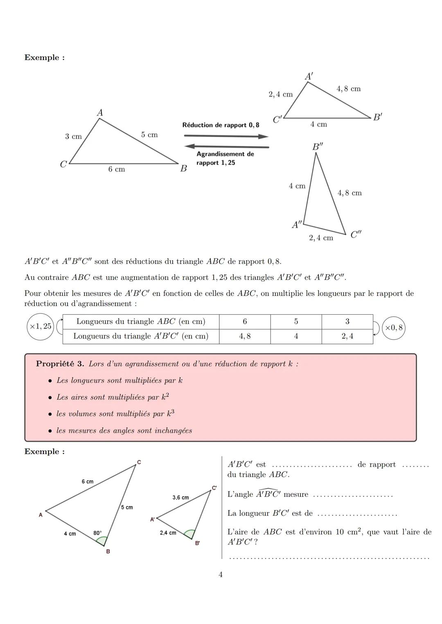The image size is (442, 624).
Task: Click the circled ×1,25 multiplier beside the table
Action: (40, 326)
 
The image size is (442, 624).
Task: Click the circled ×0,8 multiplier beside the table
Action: (393, 328)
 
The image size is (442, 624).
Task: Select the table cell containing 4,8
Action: (245, 336)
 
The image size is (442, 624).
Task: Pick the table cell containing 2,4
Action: (347, 336)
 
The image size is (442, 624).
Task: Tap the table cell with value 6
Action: (245, 322)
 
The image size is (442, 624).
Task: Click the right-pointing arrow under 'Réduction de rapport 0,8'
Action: (226, 136)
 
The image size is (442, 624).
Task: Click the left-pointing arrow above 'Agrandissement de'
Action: (226, 146)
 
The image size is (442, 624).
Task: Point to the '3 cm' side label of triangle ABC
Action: (74, 136)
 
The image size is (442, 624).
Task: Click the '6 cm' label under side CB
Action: (117, 169)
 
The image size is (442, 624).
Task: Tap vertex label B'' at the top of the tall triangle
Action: (318, 147)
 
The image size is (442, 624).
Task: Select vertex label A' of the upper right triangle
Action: (309, 76)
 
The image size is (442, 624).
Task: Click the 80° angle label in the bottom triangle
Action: (97, 533)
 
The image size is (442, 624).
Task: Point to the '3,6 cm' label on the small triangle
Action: (180, 497)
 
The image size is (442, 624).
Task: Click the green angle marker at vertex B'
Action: (189, 534)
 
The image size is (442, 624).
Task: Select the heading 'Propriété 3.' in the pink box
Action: (60, 364)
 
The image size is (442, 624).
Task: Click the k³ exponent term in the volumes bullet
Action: (170, 414)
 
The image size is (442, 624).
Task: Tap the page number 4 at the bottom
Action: (221, 575)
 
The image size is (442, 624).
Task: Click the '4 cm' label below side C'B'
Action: (318, 124)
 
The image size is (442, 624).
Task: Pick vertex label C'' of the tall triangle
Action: (356, 235)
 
